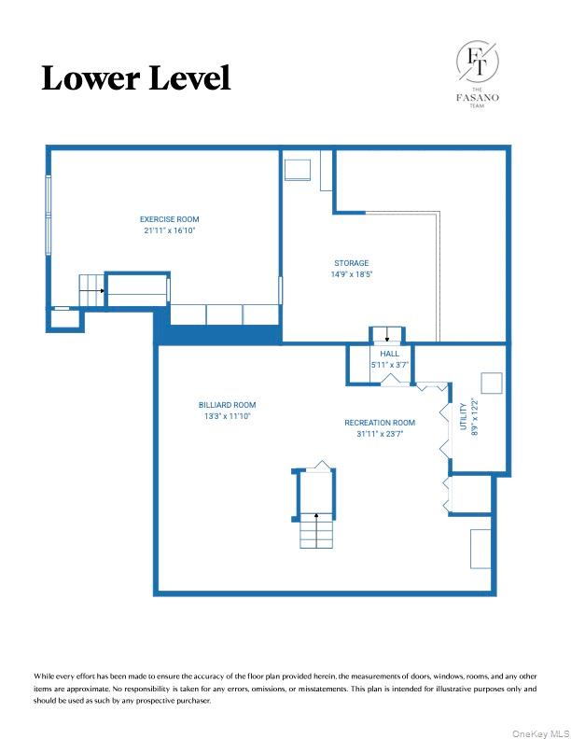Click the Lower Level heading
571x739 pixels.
click(x=135, y=78)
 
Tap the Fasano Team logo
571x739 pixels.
click(x=476, y=74)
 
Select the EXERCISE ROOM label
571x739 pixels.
click(x=169, y=219)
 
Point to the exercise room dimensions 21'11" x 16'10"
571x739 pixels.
click(x=169, y=230)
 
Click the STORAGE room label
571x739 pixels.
click(x=352, y=263)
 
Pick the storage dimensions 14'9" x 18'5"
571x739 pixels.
click(x=352, y=274)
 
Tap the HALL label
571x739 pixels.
click(x=389, y=355)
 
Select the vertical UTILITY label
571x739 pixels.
click(x=464, y=416)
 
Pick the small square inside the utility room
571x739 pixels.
click(x=491, y=383)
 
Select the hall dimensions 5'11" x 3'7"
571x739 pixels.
click(x=389, y=365)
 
